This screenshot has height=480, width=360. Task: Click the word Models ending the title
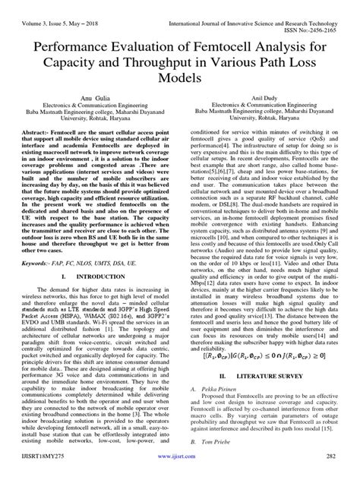[179, 79]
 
